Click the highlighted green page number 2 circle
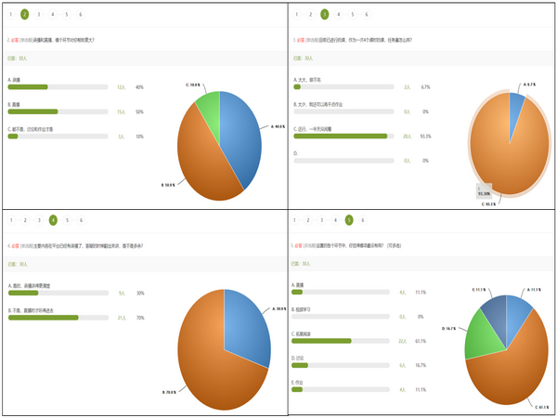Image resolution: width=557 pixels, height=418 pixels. [24, 15]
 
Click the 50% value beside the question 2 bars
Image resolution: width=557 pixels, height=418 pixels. [139, 111]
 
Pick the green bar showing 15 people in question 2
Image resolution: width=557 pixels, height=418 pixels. [32, 111]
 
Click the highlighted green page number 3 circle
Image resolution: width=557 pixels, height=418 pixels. [324, 15]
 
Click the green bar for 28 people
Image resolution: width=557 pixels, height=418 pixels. [340, 136]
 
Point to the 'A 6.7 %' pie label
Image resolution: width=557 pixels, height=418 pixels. [530, 85]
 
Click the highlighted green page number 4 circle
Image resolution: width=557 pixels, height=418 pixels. [53, 220]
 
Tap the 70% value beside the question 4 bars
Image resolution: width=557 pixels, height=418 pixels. [139, 318]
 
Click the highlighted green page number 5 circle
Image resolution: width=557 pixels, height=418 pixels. [349, 220]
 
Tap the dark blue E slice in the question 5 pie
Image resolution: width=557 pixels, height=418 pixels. [494, 307]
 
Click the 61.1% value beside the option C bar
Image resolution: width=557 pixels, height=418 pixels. [421, 341]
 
